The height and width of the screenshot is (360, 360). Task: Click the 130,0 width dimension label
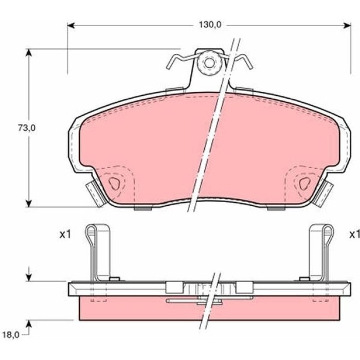(210, 25)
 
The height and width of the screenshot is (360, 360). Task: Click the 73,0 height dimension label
(27, 128)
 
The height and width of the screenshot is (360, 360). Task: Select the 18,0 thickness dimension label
(11, 335)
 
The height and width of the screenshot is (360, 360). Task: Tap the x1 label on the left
(65, 235)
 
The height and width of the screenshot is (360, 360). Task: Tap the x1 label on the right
(354, 235)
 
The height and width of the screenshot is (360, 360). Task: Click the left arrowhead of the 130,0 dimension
(71, 25)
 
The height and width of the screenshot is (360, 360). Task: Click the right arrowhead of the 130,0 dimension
(347, 25)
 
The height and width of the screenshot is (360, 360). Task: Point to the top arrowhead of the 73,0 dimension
(28, 52)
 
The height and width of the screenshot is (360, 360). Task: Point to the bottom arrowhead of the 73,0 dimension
(28, 203)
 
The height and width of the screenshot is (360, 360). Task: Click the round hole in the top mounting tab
(209, 63)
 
